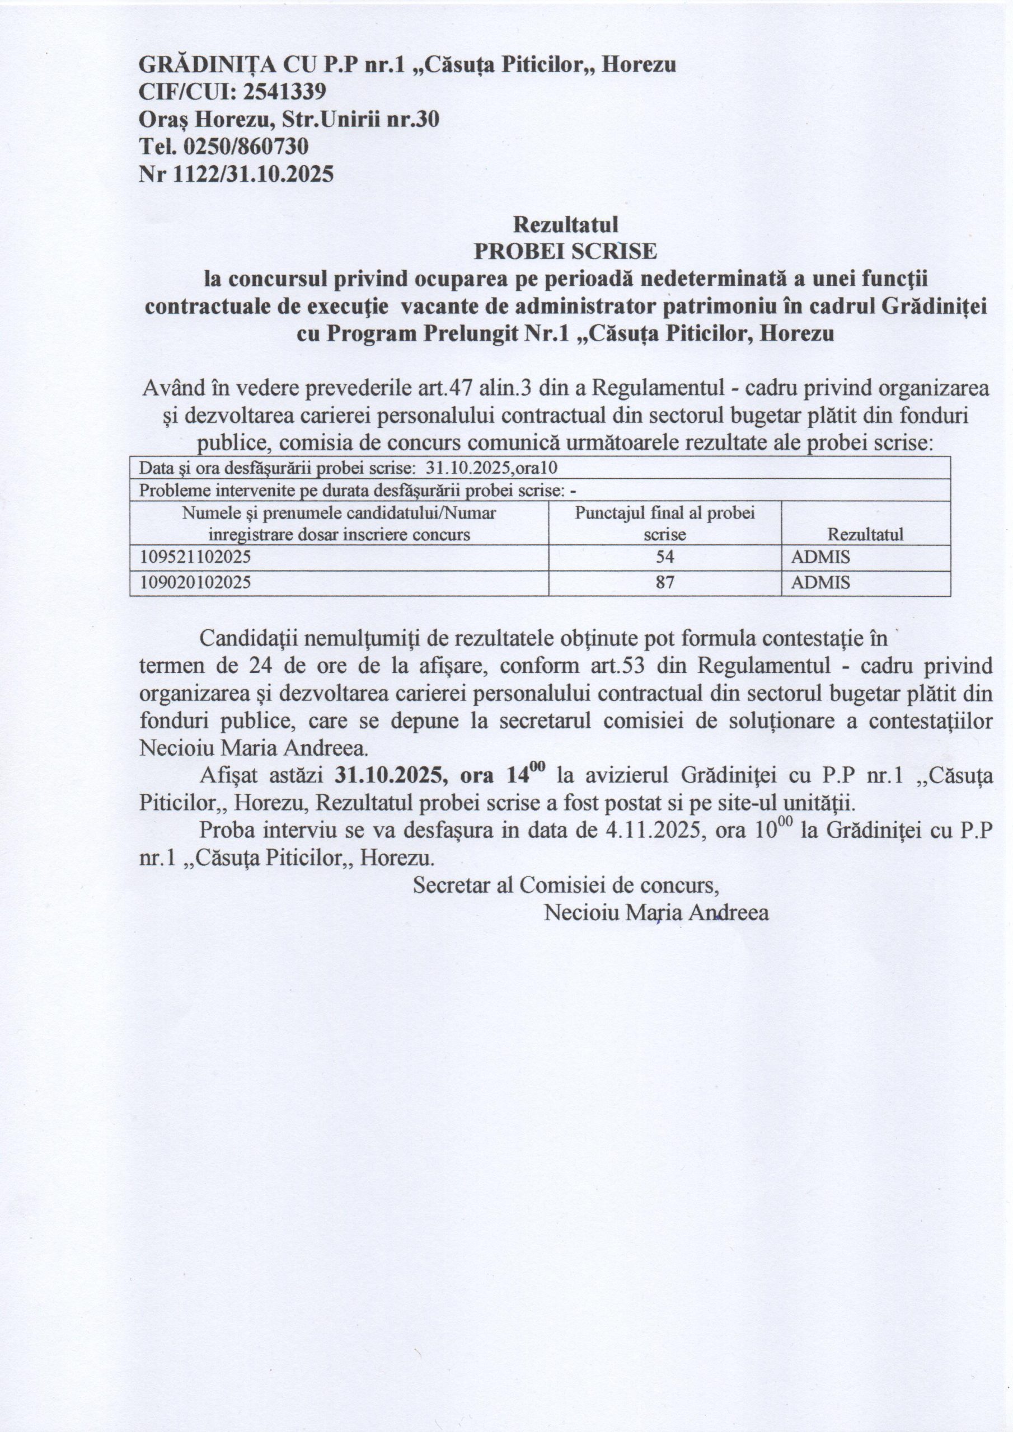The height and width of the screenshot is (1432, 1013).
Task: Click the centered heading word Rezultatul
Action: click(x=565, y=223)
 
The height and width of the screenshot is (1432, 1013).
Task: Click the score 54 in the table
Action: click(x=665, y=557)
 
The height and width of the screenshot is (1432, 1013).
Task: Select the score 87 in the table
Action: click(x=665, y=583)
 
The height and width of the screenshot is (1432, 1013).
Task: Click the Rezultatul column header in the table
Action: click(x=865, y=535)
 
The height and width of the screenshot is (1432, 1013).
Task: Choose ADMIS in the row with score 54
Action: click(x=820, y=557)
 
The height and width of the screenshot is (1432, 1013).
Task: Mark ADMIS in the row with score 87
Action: click(x=820, y=583)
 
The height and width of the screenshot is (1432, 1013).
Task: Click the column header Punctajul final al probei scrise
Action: click(x=665, y=523)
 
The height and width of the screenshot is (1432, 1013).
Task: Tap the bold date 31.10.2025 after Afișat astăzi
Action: click(x=391, y=775)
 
